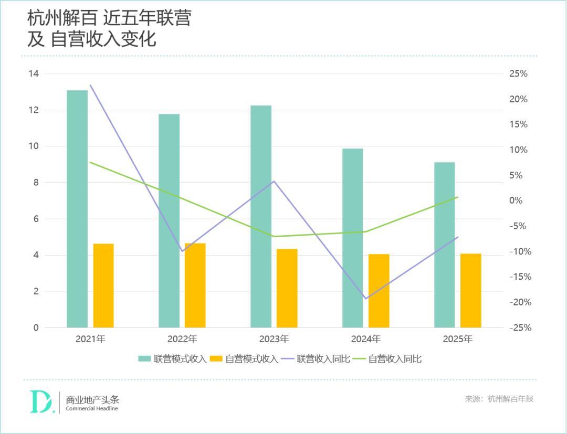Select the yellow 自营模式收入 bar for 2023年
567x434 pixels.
pyautogui.click(x=287, y=288)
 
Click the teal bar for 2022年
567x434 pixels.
pyautogui.click(x=169, y=220)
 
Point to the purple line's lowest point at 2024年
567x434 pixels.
pyautogui.click(x=365, y=299)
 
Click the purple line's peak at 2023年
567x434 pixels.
pyautogui.click(x=274, y=181)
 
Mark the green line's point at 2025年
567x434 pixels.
pyautogui.click(x=458, y=197)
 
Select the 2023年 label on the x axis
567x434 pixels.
pyautogui.click(x=274, y=339)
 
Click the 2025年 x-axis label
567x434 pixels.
pyautogui.click(x=458, y=339)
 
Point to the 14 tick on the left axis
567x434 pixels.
pyautogui.click(x=34, y=73)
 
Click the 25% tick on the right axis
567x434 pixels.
pyautogui.click(x=518, y=73)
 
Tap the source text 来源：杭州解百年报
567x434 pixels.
pyautogui.click(x=499, y=399)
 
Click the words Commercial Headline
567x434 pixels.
pyautogui.click(x=92, y=409)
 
